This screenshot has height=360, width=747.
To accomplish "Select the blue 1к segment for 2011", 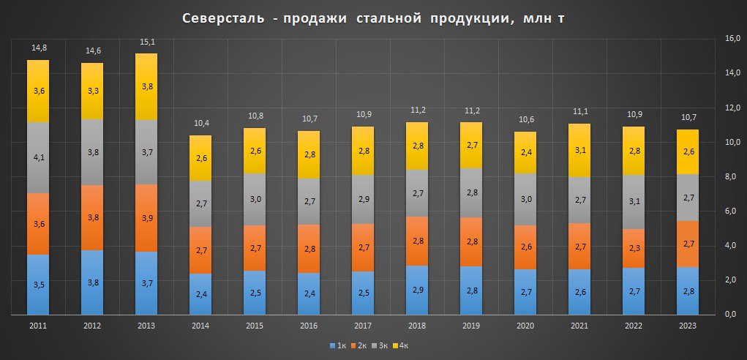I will point(39,285).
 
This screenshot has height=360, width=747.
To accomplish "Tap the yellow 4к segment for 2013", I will point(146,86).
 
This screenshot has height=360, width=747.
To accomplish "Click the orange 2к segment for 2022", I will point(633,249).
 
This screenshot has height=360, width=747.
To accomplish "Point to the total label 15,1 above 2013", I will point(146,42).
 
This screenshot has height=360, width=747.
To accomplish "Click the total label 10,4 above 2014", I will point(200,124).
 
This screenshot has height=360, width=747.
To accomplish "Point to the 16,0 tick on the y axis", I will point(731,38).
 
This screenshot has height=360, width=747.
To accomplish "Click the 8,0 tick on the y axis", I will point(731,176).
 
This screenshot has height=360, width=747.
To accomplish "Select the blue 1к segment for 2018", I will point(416,290).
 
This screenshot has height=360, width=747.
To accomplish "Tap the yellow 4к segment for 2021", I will point(579,150).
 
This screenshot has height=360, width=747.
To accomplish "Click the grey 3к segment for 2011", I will point(39,157).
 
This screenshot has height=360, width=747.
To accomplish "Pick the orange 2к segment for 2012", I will point(92,217).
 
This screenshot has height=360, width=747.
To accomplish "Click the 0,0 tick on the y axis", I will point(729,315).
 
